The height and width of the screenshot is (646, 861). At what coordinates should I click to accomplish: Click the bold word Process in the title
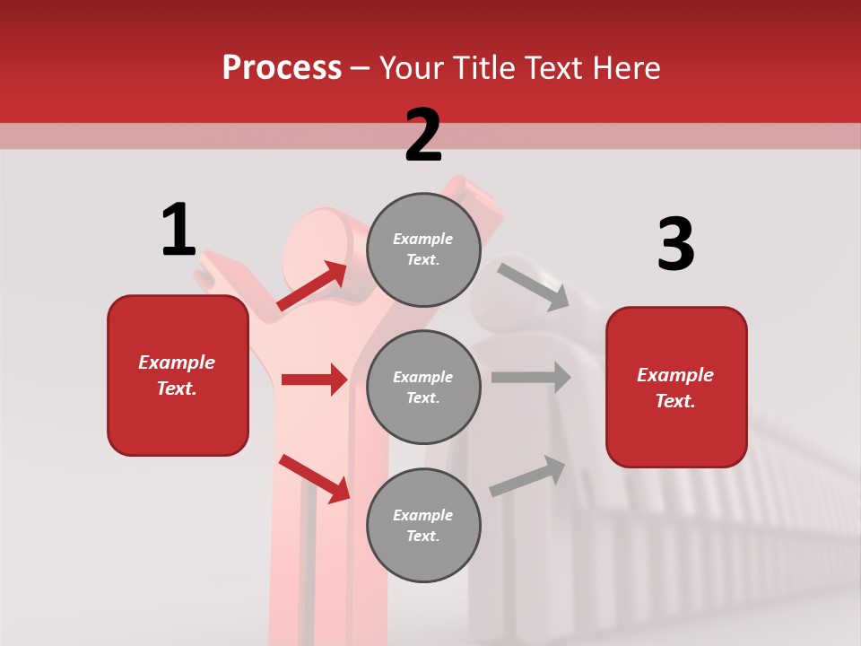(x=282, y=68)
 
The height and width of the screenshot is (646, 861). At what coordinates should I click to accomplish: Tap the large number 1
(x=178, y=230)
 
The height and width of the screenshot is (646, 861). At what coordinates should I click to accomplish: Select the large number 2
(x=423, y=135)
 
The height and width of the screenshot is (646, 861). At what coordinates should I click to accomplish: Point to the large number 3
(x=675, y=245)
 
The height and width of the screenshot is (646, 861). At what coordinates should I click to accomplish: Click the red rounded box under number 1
(x=178, y=375)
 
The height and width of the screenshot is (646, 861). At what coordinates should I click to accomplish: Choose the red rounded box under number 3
(x=676, y=388)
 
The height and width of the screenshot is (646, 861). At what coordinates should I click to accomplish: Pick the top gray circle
(x=423, y=249)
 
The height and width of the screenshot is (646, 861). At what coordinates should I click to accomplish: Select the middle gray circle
(x=423, y=387)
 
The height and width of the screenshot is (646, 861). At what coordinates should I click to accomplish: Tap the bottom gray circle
(x=423, y=525)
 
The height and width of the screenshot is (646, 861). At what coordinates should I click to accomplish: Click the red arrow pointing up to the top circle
(x=312, y=286)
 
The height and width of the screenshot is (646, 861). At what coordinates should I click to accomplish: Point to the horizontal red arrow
(x=314, y=380)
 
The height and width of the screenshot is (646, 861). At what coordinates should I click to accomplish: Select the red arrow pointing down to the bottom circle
(x=314, y=478)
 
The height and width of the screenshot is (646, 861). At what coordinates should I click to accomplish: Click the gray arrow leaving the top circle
(x=533, y=286)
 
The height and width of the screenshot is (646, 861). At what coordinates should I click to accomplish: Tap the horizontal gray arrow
(x=530, y=377)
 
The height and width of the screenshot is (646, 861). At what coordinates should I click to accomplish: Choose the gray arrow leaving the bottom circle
(x=527, y=476)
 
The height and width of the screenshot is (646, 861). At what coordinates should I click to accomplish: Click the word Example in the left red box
(x=177, y=362)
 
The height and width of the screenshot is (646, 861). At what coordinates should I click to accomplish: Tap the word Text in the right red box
(x=674, y=401)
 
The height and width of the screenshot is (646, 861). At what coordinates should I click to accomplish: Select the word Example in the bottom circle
(x=423, y=515)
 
